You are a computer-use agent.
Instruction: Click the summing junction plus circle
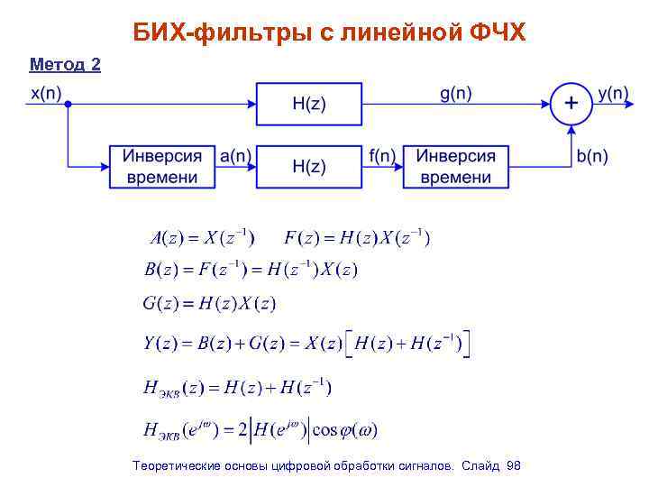coord(571,104)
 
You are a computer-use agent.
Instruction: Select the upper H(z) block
coord(309,104)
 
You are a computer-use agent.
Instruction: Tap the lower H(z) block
coord(309,167)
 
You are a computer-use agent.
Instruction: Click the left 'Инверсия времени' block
coord(162,167)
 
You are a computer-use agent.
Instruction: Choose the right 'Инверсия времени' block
coord(455,167)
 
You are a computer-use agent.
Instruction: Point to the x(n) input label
coord(45,93)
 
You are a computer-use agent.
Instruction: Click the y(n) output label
coord(614,93)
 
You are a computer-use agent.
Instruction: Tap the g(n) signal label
coord(456,92)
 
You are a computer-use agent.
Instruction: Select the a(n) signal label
coord(236,156)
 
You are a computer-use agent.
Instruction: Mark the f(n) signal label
coord(382,156)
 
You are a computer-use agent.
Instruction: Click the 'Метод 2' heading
coord(65,64)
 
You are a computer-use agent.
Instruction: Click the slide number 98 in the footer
coord(514,465)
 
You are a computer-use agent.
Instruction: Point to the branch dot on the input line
coord(69,104)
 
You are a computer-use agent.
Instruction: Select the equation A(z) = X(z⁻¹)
coord(201,238)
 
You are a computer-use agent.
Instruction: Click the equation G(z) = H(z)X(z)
coord(209,303)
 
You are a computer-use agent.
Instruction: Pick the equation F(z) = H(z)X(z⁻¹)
coord(357,238)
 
